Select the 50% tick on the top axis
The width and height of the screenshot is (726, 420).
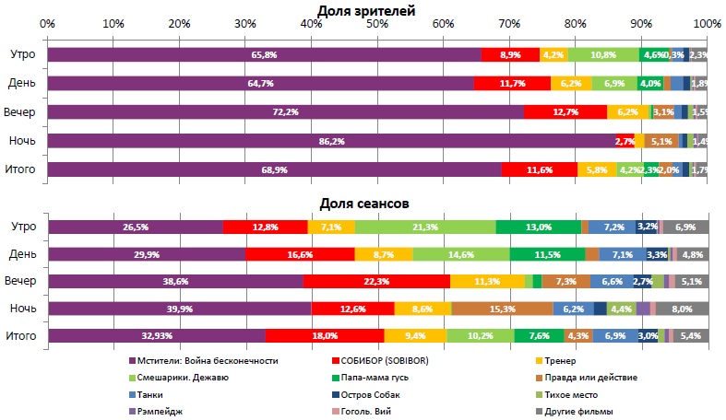(x=377, y=22)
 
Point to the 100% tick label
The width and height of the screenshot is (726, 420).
(x=706, y=22)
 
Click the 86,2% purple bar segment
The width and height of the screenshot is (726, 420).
(x=331, y=141)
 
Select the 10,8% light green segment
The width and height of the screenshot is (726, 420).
(x=603, y=55)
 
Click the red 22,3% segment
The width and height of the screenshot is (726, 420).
(x=376, y=282)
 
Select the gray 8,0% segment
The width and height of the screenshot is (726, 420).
(x=682, y=309)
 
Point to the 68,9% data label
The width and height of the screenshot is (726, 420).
(x=277, y=170)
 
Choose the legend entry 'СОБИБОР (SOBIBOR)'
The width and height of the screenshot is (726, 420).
(x=390, y=362)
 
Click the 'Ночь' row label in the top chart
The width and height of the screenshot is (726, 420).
(x=23, y=141)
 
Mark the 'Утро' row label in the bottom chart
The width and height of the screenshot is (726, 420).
(x=23, y=227)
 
